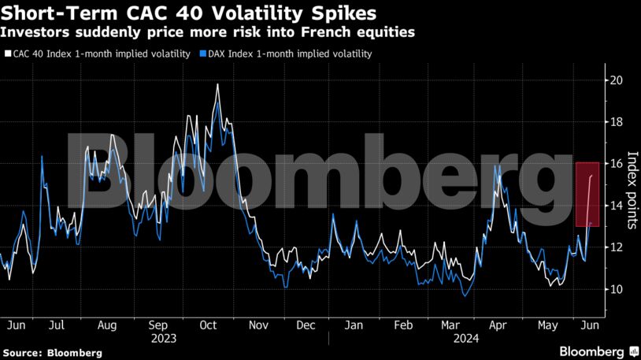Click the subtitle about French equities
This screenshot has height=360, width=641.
[x=207, y=33]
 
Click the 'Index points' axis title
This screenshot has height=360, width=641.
[x=632, y=190]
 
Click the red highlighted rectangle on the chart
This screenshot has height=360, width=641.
[x=587, y=194]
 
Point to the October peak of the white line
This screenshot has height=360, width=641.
[x=217, y=84]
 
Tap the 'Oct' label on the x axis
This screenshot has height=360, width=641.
[x=208, y=325]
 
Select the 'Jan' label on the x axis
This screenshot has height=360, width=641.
[x=354, y=325]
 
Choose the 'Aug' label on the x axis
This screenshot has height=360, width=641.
[x=108, y=325]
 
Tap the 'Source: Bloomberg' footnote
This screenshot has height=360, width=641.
[x=52, y=353]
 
